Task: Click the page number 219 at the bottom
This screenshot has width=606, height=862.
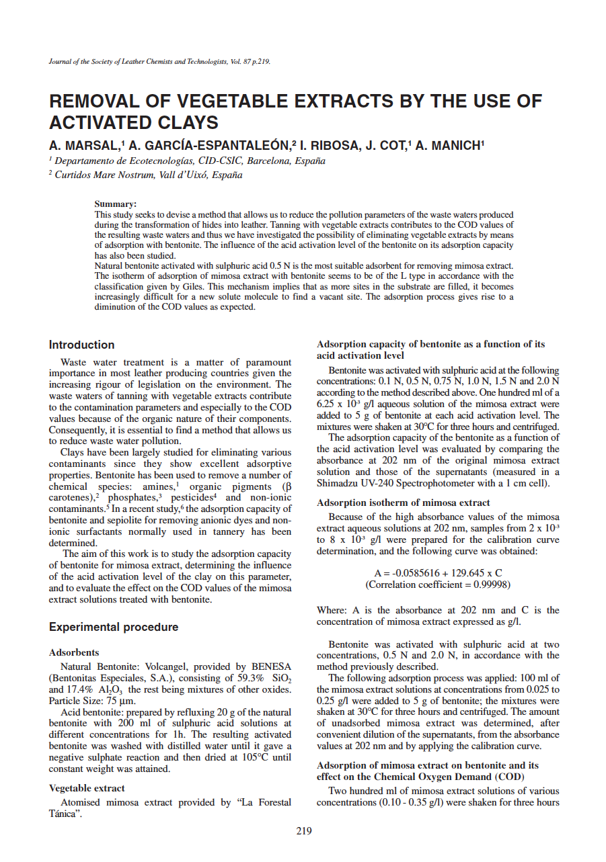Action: [303, 831]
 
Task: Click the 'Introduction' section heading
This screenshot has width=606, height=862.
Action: [81, 345]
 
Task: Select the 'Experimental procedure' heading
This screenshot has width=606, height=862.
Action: [114, 627]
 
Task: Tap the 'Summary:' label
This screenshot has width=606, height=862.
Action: [116, 204]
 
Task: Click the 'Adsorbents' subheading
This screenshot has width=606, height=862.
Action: [74, 652]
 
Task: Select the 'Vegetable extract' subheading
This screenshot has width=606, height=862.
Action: [87, 788]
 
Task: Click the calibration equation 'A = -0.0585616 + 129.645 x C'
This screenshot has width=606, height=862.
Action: [438, 573]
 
